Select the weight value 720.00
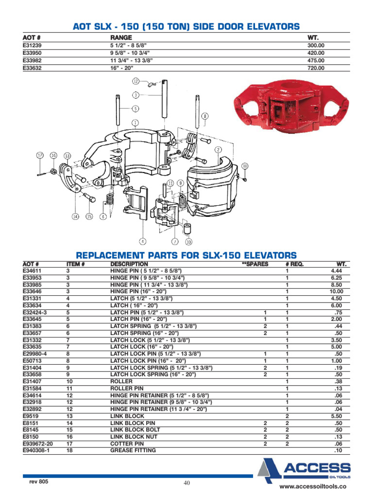click(316, 68)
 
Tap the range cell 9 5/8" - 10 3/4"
click(130, 53)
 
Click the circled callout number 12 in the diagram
click(136, 81)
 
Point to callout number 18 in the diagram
click(245, 166)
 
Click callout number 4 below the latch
click(143, 241)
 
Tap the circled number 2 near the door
click(219, 149)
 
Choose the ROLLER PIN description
click(127, 389)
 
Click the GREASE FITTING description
click(133, 450)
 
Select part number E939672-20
click(37, 444)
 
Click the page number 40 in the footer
click(186, 483)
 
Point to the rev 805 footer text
click(39, 481)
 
